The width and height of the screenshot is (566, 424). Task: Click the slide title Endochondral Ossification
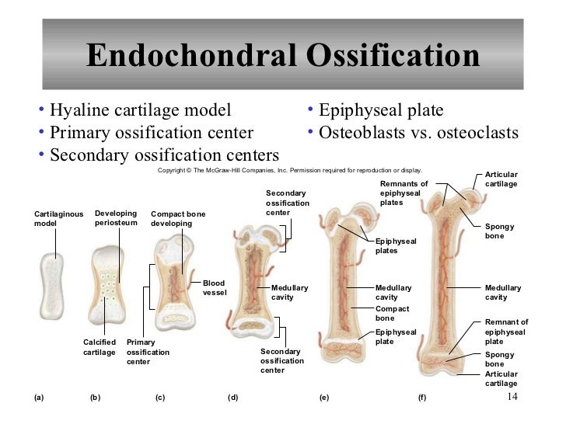[x=283, y=57]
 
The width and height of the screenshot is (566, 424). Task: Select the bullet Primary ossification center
[x=151, y=132]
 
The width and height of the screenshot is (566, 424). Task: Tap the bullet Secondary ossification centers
[x=163, y=155]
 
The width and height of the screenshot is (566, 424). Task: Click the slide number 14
[x=512, y=397]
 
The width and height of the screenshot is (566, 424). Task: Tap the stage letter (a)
[x=40, y=398]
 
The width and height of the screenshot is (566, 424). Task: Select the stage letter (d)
[x=232, y=398]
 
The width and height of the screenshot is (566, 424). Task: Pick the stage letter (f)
[x=422, y=398]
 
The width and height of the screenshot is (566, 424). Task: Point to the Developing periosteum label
[x=116, y=218]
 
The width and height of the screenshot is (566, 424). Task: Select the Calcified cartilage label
[x=100, y=347]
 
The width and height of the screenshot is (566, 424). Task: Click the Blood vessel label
[x=214, y=288]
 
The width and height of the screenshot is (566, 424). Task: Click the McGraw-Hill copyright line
[x=289, y=169]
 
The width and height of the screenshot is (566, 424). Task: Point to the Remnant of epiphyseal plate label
[x=506, y=332]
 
